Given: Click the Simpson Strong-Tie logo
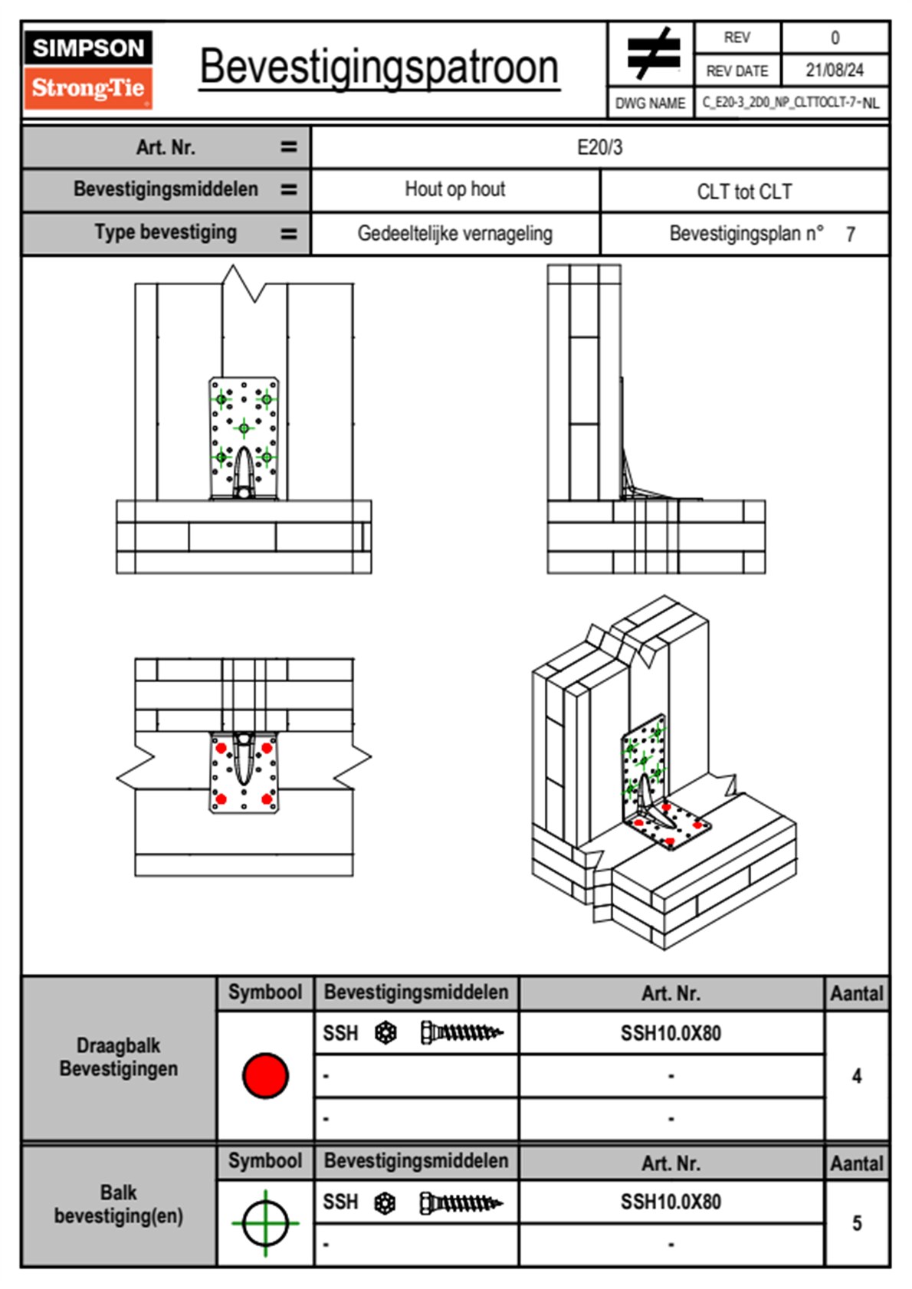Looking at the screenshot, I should [88, 69].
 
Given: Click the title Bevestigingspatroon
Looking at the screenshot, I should [379, 67].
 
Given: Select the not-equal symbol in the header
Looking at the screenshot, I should [652, 54].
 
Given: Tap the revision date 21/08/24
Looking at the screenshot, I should [834, 71].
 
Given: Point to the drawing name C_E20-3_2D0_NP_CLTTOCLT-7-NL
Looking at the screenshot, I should [790, 103].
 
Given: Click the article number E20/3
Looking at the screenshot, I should [599, 147].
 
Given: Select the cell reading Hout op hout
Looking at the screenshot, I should [454, 189].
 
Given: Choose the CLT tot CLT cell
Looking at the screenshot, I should [744, 192].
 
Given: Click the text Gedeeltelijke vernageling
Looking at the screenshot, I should [454, 234].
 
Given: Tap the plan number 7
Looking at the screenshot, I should [850, 235].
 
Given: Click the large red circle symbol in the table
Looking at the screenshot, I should [265, 1075].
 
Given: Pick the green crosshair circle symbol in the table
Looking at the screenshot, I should [265, 1223].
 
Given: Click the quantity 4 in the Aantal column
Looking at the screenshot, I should [856, 1076].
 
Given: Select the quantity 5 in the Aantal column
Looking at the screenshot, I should [856, 1223].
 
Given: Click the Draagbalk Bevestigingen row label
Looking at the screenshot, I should [119, 1057].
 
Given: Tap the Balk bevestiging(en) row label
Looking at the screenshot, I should [119, 1204].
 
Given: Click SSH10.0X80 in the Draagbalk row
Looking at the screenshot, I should [671, 1033].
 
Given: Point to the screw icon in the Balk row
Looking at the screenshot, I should [461, 1203].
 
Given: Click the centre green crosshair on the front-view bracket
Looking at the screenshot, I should [244, 428].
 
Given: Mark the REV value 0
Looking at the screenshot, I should [835, 38].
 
